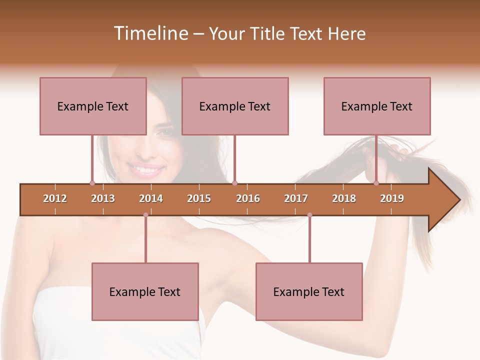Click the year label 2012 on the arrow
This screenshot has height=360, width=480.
point(55,198)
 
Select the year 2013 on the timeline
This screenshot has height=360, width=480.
point(103,198)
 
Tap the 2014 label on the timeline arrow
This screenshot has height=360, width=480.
point(151,198)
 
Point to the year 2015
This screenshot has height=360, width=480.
point(199,198)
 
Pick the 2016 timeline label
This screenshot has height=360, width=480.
point(248,198)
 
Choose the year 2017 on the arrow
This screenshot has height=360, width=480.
point(296,198)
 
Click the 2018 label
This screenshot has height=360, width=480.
point(344,198)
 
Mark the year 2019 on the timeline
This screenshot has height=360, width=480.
point(392,198)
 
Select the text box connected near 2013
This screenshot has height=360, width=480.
point(93,106)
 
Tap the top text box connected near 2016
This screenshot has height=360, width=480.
point(235,106)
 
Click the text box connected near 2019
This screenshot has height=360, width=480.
point(377,106)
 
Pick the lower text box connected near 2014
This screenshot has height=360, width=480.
point(145,291)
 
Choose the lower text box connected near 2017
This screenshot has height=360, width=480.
point(309,291)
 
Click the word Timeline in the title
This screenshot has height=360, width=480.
point(150,33)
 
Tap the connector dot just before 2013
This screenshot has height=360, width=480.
point(92,183)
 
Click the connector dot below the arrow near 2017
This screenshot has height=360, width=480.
point(309,215)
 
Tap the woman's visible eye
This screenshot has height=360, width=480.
point(165,133)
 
